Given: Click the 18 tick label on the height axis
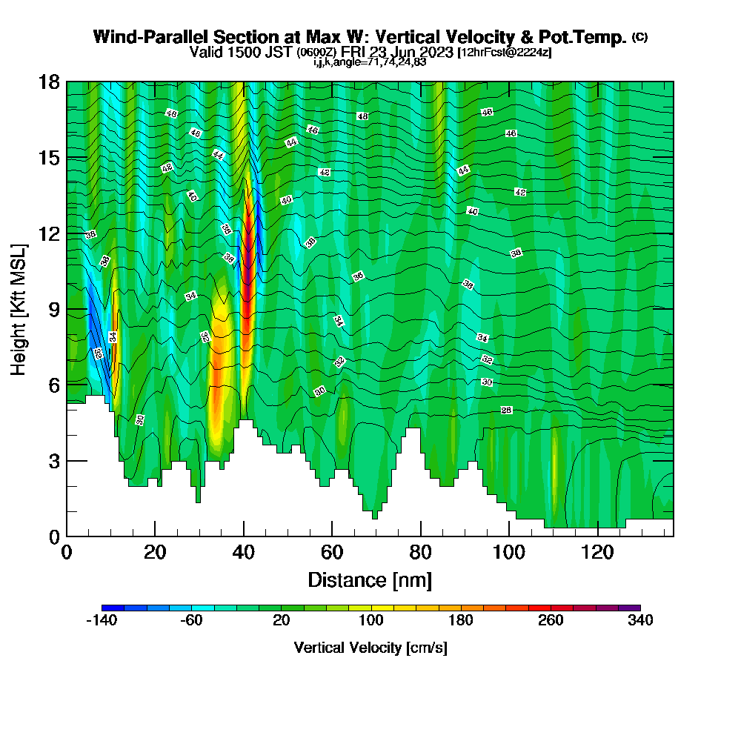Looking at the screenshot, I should [x=49, y=82].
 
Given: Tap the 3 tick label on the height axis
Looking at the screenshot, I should [x=53, y=460].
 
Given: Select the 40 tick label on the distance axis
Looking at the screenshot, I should [x=244, y=551].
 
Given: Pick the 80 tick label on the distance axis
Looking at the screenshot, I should [x=421, y=551].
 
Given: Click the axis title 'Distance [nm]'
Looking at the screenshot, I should [x=370, y=579].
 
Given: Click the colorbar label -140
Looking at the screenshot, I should [x=102, y=621].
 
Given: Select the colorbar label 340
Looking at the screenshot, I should [x=640, y=621].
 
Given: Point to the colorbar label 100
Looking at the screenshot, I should [x=370, y=621].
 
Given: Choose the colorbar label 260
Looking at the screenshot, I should [x=551, y=621].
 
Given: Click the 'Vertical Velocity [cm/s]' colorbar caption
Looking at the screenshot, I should [x=370, y=648].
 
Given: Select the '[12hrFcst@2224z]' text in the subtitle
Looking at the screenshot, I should [x=504, y=52].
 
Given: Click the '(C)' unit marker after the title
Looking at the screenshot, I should [x=639, y=37].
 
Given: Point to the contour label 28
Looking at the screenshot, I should [x=507, y=410].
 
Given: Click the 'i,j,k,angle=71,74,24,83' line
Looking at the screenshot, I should [x=370, y=62].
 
